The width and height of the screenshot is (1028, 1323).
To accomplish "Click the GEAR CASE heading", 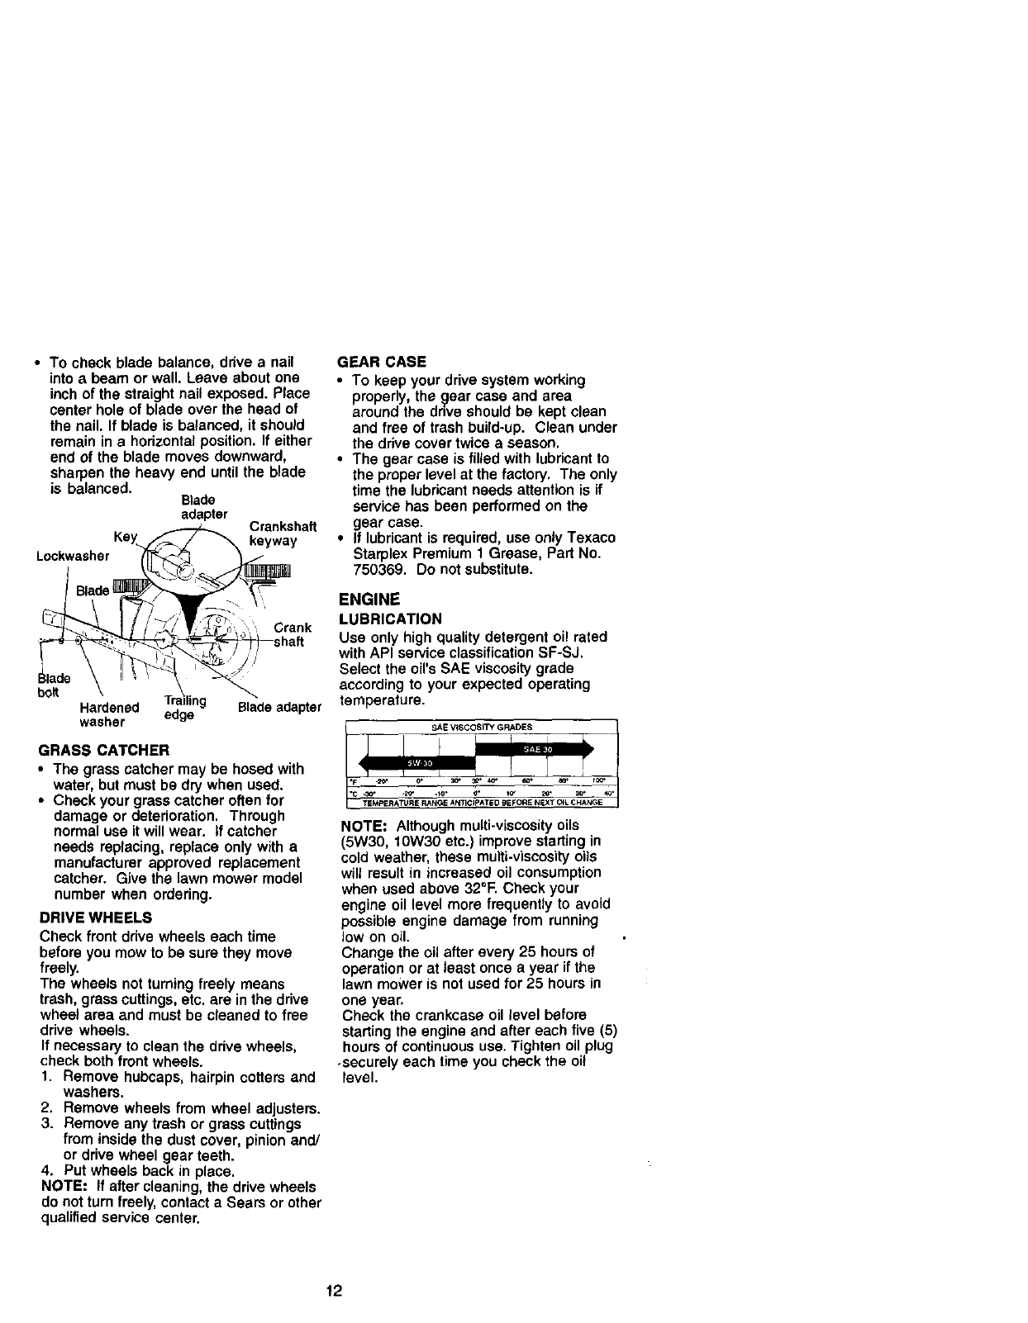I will click(383, 362).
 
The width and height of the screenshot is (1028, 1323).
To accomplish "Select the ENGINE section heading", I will click(369, 599).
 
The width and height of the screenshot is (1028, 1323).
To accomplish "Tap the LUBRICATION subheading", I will click(391, 619).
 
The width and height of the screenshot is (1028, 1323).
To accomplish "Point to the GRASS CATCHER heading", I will click(104, 751).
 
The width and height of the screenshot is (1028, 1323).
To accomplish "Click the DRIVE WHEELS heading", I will click(95, 918).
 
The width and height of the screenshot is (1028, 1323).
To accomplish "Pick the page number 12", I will click(334, 1291).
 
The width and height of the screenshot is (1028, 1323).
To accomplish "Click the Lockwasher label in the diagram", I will click(74, 556).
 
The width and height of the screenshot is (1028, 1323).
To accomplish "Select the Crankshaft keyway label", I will click(283, 533).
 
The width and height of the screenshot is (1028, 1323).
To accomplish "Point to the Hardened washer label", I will click(109, 714).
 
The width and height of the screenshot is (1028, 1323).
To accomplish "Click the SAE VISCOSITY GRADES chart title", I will click(482, 728).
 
